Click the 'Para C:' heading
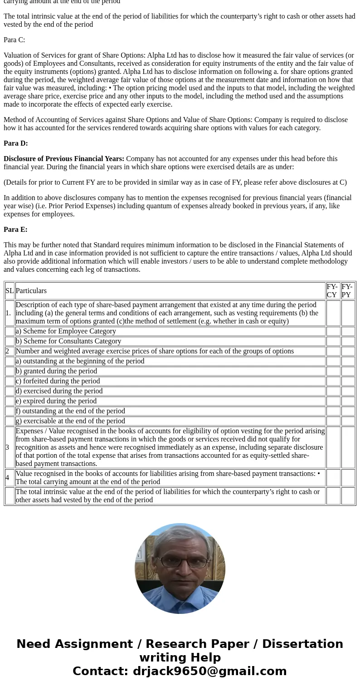pyautogui.click(x=14, y=40)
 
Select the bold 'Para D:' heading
pyautogui.click(x=15, y=143)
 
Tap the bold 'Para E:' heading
pyautogui.click(x=15, y=230)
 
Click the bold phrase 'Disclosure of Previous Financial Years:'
pyautogui.click(x=64, y=159)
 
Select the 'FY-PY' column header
pyautogui.click(x=348, y=291)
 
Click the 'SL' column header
pyautogui.click(x=10, y=291)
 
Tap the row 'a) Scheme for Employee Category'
pyautogui.click(x=66, y=331)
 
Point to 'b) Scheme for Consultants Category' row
pyautogui.click(x=68, y=341)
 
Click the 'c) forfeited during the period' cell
pyautogui.click(x=58, y=381)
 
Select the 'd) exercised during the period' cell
pyautogui.click(x=59, y=391)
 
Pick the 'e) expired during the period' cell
pyautogui.click(x=56, y=401)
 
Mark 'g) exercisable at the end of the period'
pyautogui.click(x=70, y=421)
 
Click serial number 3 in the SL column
pyautogui.click(x=7, y=447)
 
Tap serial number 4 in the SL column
pyautogui.click(x=7, y=478)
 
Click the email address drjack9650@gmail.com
pyautogui.click(x=209, y=671)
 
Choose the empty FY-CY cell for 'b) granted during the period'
pyautogui.click(x=333, y=371)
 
